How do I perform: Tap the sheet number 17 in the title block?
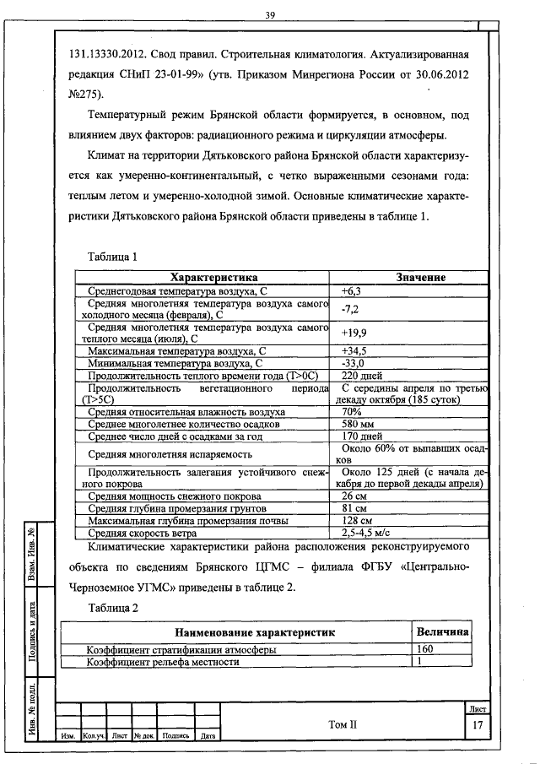(x=478, y=725)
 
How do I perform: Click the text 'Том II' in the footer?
(x=343, y=725)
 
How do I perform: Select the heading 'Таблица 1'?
(x=112, y=256)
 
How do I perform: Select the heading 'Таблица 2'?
(x=112, y=608)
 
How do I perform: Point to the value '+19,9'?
(x=354, y=333)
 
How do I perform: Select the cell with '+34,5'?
(x=354, y=350)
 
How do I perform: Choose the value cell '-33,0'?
(x=352, y=363)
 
